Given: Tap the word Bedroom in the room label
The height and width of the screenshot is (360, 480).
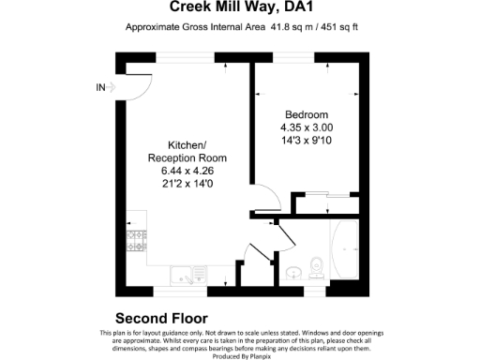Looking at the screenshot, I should pos(307,114).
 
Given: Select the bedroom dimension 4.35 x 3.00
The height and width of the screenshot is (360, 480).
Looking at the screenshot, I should pos(307,127).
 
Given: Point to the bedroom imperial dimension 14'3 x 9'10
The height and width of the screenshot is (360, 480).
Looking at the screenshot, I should pos(307,141).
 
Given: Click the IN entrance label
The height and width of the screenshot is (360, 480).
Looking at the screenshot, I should pos(101,88).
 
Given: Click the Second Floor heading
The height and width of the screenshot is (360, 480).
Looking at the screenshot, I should pos(160,318).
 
